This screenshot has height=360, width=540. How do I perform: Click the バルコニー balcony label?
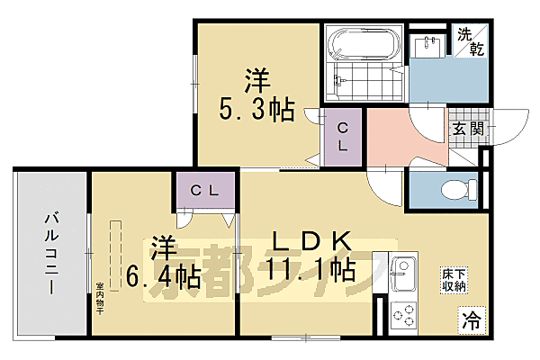coord(49,256)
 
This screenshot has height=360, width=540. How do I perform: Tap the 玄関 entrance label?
coord(467,129)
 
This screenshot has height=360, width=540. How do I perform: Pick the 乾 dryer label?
coord(477,48)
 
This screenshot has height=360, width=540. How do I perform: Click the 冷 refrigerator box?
coord(471,318)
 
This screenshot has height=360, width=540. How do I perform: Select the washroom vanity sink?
coord(427,45)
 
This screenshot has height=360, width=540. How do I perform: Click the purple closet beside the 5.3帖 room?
coord(342,136)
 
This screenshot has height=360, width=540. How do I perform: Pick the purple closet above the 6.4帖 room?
coord(207,190)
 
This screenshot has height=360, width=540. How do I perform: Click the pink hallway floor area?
coord(400,135)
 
